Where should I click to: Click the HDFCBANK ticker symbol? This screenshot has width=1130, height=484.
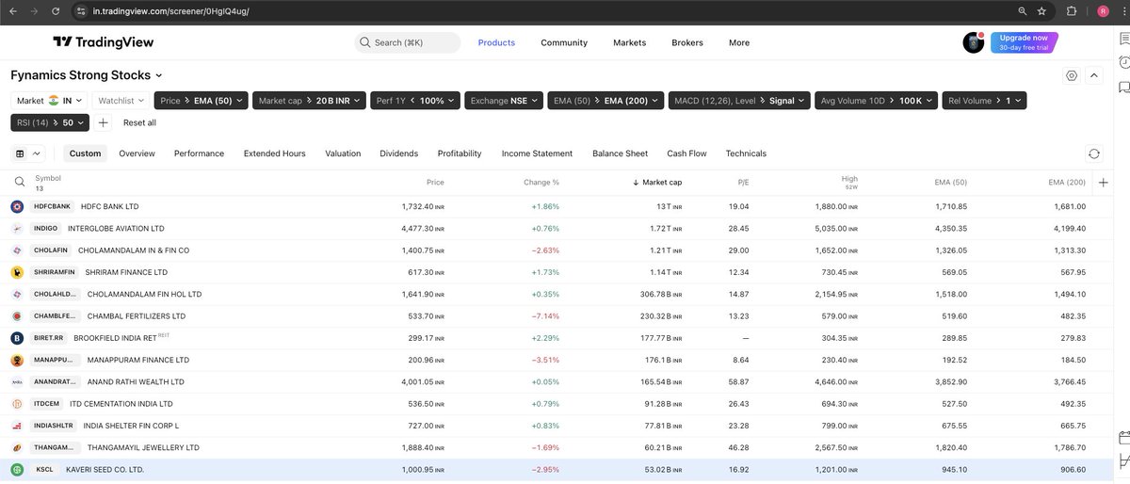[53, 206]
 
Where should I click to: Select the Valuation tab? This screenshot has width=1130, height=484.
[343, 153]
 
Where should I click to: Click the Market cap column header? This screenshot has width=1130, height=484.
[661, 182]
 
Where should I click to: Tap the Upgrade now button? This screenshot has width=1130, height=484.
[1024, 42]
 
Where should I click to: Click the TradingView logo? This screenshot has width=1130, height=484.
[103, 42]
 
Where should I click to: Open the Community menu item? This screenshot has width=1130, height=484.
[563, 42]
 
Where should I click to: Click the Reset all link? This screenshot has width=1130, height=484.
[139, 122]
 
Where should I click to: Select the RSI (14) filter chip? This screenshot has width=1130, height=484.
[49, 122]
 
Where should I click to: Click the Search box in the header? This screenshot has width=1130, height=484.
[408, 42]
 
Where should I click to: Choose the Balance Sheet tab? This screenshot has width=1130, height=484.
[620, 153]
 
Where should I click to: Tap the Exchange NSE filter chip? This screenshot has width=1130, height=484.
[504, 100]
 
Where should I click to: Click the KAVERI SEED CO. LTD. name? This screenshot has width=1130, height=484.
[105, 469]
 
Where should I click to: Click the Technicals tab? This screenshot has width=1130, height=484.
[746, 153]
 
